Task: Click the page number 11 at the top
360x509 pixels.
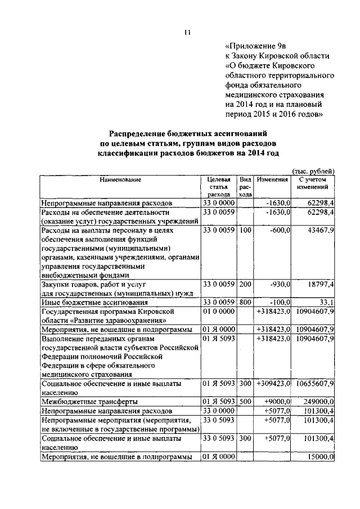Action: pos(187,32)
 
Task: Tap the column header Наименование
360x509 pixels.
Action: pos(120,179)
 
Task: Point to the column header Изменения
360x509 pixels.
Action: pos(273,179)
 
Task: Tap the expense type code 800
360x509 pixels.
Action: pos(245,303)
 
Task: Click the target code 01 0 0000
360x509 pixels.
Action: pos(218,311)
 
